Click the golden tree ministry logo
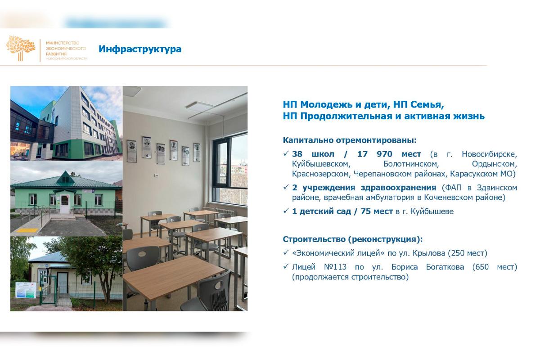tap(21, 48)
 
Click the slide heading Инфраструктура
tap(140, 49)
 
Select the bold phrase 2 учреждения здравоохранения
tap(364, 187)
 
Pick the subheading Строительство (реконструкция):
tap(353, 239)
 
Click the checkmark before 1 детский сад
tap(286, 211)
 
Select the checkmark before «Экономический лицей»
tap(286, 253)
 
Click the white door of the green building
tap(65, 203)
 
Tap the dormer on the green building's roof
tap(66, 175)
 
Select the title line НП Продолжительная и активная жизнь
tap(383, 116)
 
